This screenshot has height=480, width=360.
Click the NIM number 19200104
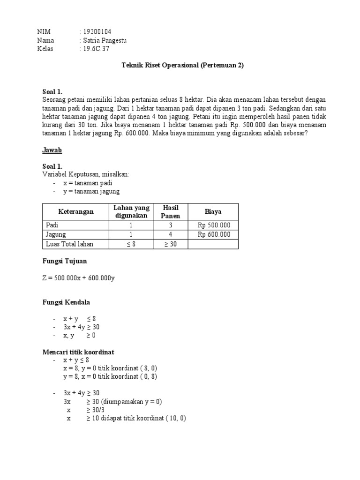click(97, 31)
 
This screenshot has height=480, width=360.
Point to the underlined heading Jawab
click(52, 150)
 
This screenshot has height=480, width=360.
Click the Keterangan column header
click(75, 211)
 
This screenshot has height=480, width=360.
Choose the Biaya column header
click(213, 211)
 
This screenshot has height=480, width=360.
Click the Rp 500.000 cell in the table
click(214, 225)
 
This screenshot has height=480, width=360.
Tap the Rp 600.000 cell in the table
click(214, 234)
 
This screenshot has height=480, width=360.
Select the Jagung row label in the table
click(56, 234)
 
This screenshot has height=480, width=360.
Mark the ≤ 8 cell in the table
click(131, 244)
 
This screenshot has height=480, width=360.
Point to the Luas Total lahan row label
click(69, 244)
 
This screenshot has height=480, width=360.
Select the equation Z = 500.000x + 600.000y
click(78, 278)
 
